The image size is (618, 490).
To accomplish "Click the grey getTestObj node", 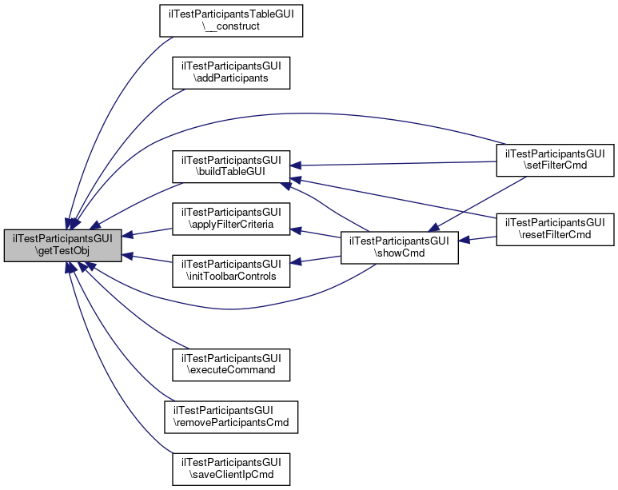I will pos(63,245).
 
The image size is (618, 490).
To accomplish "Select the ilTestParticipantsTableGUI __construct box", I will pos(231,20).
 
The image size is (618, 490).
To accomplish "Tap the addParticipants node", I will pos(231,73).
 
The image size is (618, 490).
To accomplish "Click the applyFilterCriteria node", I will pos(231,219).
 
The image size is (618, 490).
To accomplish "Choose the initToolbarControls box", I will pos(231,269).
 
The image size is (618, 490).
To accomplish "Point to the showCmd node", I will pos(399,246).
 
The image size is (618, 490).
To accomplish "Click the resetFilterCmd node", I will pos(555,228).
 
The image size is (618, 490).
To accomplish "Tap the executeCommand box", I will pos(231,364).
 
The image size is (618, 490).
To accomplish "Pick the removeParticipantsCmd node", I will pos(231,416).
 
